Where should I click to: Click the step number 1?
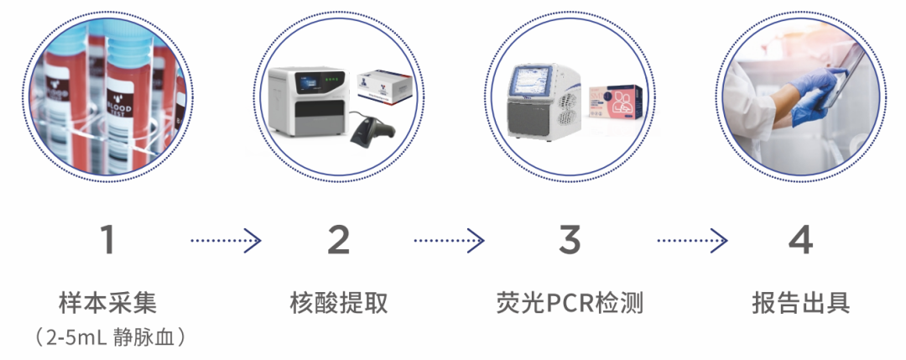coord(107,241)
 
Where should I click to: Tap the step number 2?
coord(338,241)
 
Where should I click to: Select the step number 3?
coord(570,241)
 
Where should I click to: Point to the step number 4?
coord(800,241)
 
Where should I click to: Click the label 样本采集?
coord(107,303)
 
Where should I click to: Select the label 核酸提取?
coord(339,303)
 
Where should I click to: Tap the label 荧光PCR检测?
coord(570,303)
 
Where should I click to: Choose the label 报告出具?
coord(800,303)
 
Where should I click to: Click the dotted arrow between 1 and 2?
coord(225,242)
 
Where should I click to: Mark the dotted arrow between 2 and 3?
coord(449,242)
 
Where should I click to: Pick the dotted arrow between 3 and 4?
coord(690,242)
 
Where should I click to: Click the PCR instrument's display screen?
coord(533,88)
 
